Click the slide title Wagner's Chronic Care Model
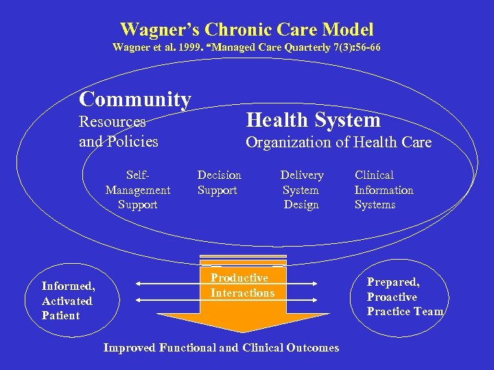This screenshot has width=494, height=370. coord(247,29)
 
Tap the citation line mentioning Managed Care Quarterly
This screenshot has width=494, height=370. coord(247,47)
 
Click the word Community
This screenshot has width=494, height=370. coord(134,99)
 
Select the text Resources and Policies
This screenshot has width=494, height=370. coord(119,132)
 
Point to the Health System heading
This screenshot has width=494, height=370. coord(313,120)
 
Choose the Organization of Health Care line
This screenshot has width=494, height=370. coord(338,143)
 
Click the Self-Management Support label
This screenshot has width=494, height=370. coord(137,190)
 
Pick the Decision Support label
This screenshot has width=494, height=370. coord(219,182)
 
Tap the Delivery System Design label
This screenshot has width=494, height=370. coord(301,190)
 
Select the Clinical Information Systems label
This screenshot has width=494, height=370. coord(384,190)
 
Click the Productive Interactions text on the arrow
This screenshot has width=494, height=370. coord(242,285)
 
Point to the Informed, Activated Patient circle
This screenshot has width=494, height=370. coord(68,301)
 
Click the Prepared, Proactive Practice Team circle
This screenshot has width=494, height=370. coord(405,297)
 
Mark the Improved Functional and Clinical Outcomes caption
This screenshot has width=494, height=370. coord(221,347)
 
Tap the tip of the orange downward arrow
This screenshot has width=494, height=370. coord(244,331)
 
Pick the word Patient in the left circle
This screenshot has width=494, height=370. coord(60,316)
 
